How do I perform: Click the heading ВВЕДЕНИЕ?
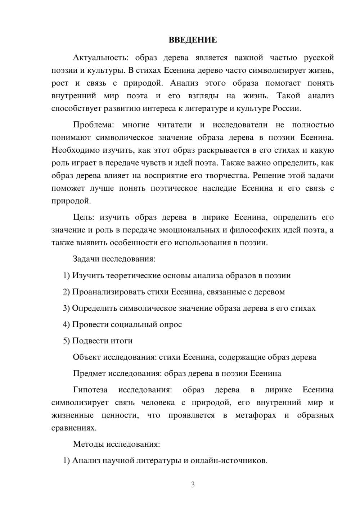(193, 40)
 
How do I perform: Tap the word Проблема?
(93, 125)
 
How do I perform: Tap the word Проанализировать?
(108, 292)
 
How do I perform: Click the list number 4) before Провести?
(66, 325)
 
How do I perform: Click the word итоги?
(122, 341)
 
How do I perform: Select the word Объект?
(87, 357)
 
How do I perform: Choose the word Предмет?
(89, 373)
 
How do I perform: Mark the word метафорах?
(256, 415)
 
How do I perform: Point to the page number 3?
(193, 485)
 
